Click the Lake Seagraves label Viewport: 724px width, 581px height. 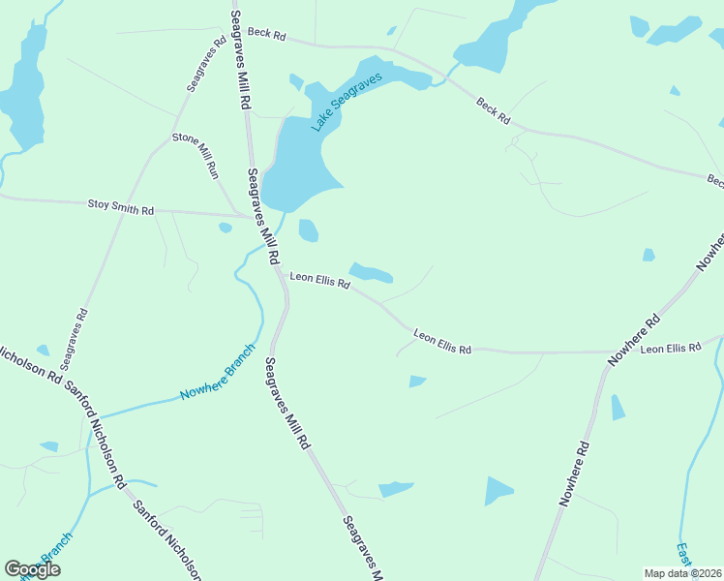point(347,102)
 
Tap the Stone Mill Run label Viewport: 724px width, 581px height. point(196,153)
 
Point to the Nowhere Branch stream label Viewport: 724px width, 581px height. point(217,373)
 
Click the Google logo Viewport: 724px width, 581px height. point(32,568)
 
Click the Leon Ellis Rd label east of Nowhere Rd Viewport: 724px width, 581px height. point(670,348)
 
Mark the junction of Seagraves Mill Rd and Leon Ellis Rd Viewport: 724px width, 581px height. point(281,274)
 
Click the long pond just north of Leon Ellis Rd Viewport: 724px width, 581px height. point(372,273)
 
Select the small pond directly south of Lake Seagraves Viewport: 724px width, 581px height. point(309,230)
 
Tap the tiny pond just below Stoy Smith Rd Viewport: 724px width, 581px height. point(226,229)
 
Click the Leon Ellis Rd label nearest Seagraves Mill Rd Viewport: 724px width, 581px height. point(319,280)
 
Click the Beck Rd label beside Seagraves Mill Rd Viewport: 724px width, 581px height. point(266,34)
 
